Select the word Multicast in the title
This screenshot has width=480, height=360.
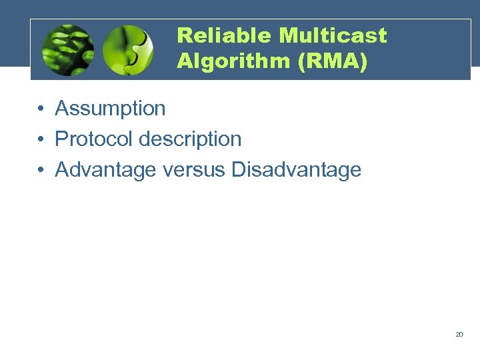333,35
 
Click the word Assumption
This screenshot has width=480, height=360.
110,108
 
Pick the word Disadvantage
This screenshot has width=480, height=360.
296,169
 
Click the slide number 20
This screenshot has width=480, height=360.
459,334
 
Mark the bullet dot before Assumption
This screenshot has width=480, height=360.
41,109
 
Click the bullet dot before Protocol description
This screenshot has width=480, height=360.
41,139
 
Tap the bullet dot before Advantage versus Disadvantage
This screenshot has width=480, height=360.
41,170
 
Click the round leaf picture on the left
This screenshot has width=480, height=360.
67,50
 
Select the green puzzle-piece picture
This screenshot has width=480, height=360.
128,50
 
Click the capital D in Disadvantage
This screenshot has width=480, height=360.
239,169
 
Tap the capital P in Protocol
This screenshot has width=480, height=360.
61,139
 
